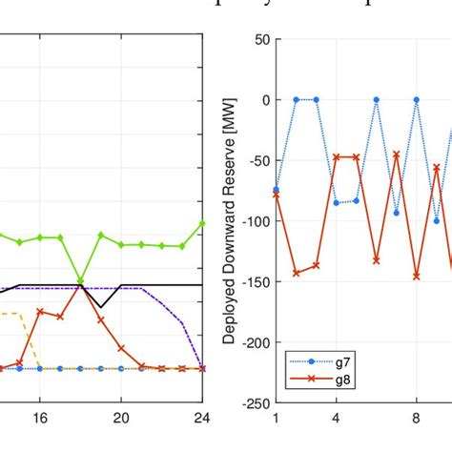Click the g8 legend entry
340,380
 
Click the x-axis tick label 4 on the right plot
336,418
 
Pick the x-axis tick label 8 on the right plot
417,418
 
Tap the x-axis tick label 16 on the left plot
40,418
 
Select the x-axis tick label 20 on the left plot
121,418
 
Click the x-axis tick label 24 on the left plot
201,418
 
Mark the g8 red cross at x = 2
296,273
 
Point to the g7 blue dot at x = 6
377,100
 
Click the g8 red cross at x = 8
417,276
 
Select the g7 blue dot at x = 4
336,203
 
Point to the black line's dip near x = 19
100,307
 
